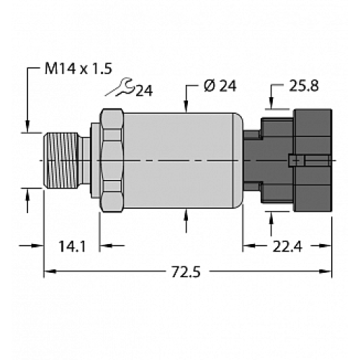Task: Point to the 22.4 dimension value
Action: click(x=287, y=247)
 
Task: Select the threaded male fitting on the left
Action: click(x=63, y=159)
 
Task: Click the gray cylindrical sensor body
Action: click(x=180, y=159)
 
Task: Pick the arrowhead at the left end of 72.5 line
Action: click(x=50, y=272)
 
